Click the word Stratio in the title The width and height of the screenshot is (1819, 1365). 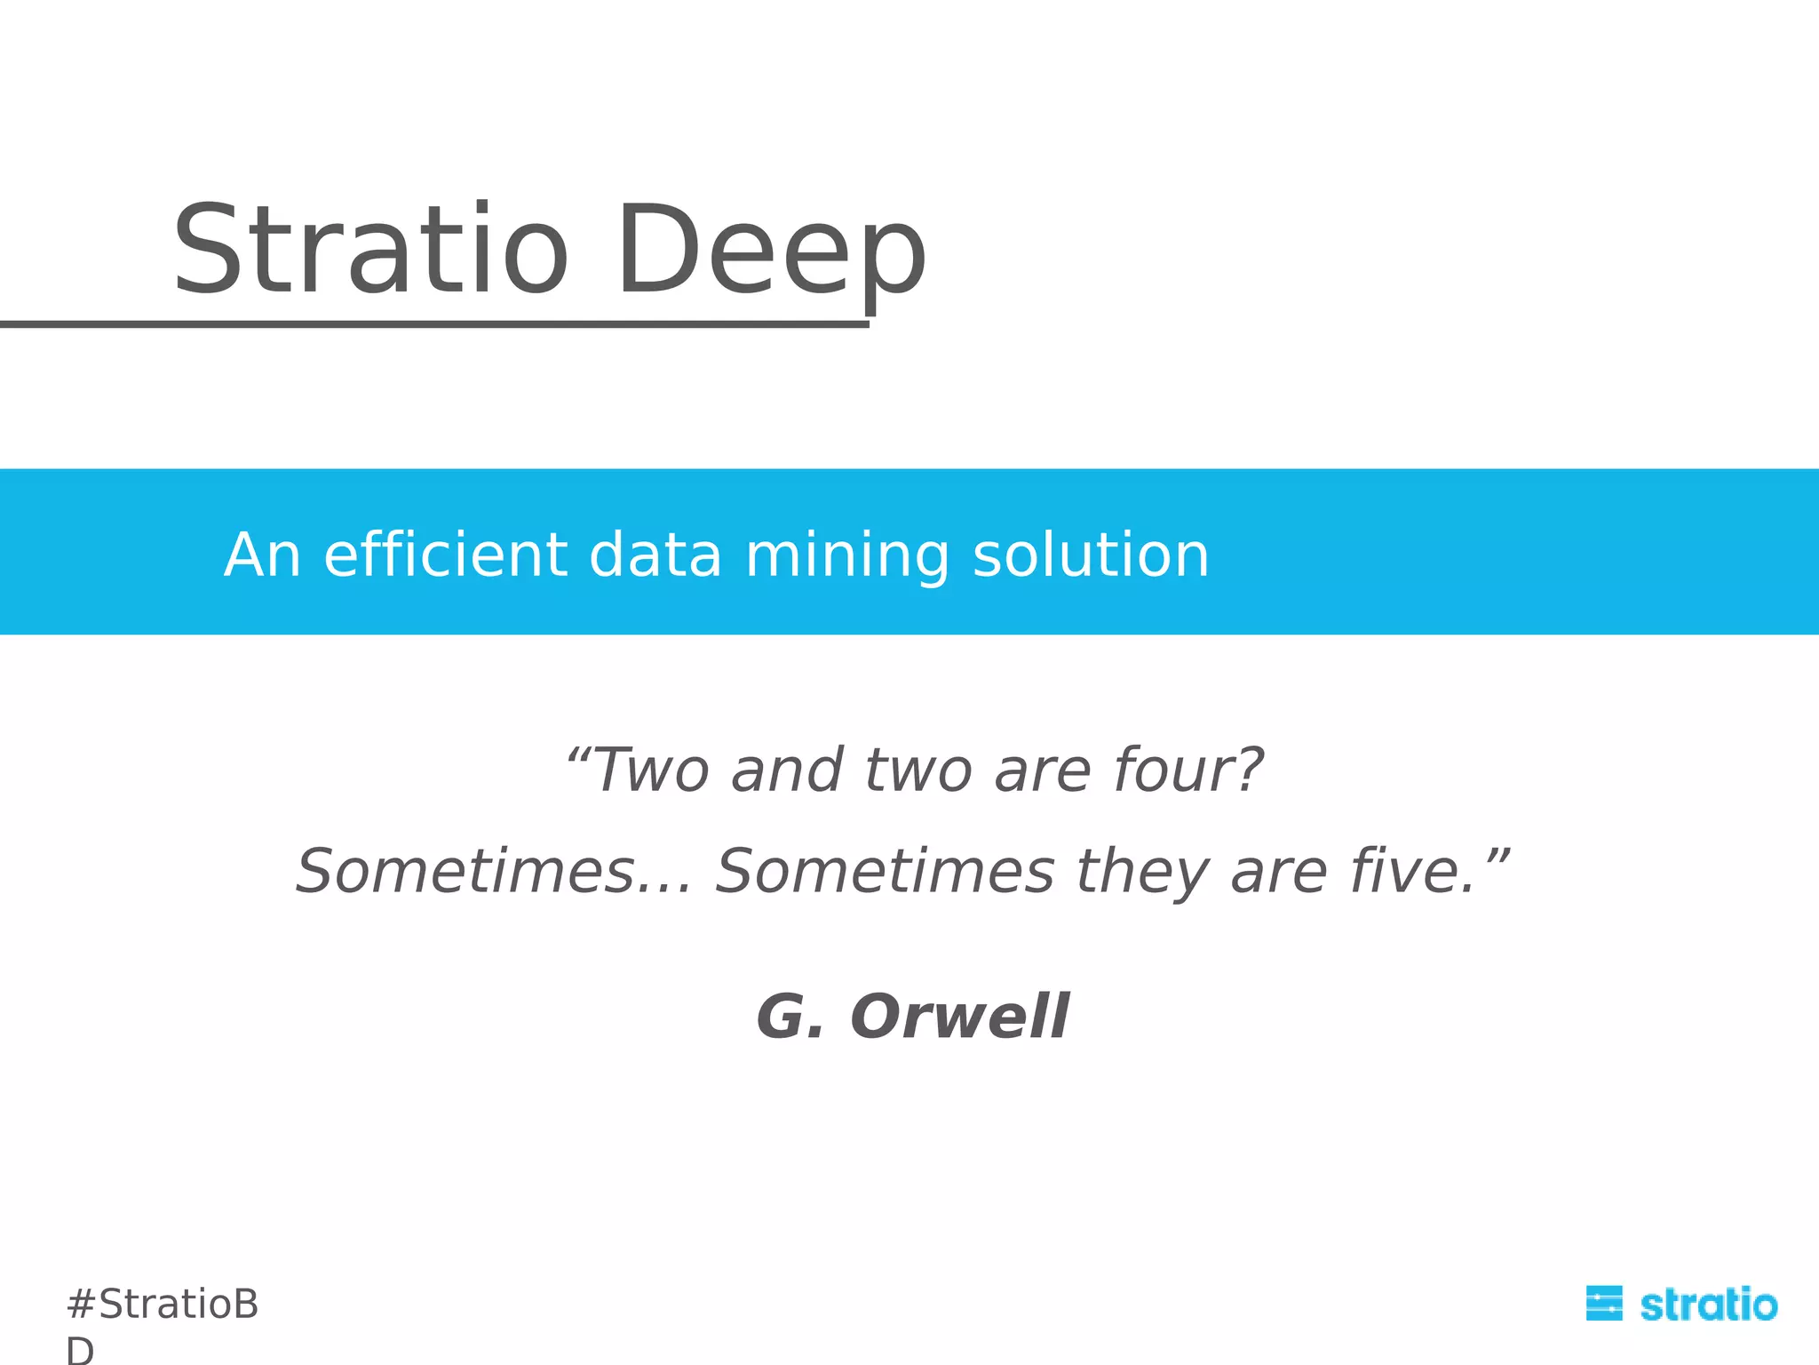pos(369,250)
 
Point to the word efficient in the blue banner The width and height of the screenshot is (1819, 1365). pos(444,555)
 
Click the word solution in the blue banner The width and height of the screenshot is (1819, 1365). pos(1091,555)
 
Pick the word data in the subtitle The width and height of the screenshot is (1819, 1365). pos(655,555)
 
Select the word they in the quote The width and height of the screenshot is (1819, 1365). pos(1142,873)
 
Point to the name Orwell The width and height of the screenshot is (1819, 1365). pos(960,1016)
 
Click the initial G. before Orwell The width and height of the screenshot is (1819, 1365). pos(790,1016)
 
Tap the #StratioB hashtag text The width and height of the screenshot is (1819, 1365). pos(163,1305)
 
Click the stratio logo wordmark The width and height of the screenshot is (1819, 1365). pos(1708,1305)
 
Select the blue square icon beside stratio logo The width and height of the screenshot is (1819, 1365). pos(1604,1304)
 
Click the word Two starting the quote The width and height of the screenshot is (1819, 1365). pos(653,770)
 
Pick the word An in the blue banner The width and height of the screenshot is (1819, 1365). pos(262,555)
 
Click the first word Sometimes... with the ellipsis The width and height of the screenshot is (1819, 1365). pos(493,871)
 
